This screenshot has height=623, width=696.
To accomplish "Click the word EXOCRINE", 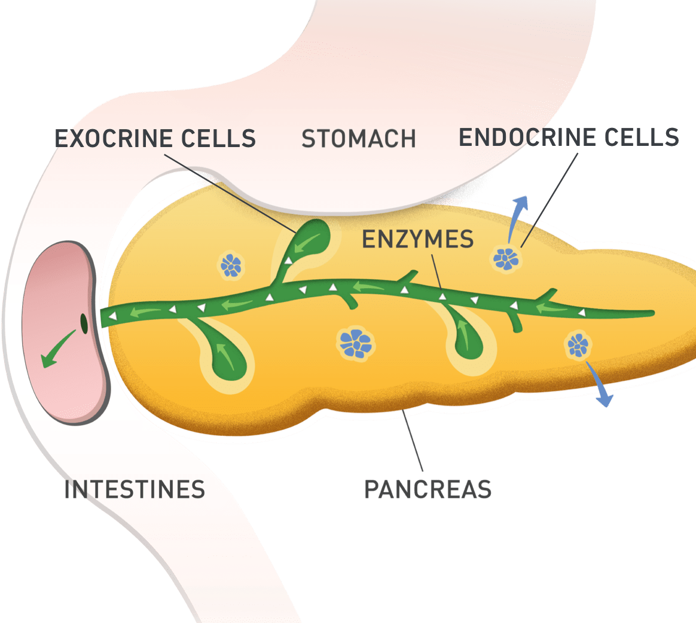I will [108, 139].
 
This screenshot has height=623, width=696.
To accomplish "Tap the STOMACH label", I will [359, 139].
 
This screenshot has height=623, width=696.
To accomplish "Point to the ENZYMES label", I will [417, 239].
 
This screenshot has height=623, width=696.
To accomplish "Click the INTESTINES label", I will [135, 489].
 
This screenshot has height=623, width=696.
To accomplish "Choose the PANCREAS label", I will [428, 489].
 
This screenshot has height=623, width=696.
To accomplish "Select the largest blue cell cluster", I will [356, 343].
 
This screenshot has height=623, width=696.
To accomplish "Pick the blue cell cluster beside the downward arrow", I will [578, 345].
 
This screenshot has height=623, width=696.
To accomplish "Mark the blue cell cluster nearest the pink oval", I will [230, 265].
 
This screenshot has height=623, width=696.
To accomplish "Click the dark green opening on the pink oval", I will [84, 323].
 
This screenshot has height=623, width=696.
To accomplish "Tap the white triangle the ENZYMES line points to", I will [443, 295].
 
